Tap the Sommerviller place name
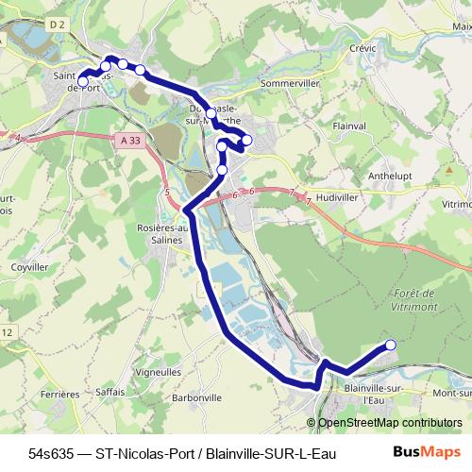pyautogui.click(x=292, y=83)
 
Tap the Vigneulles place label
pyautogui.click(x=159, y=373)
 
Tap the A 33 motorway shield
pyautogui.click(x=133, y=140)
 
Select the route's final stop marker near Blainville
pyautogui.click(x=391, y=345)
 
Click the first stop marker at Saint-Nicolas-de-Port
pyautogui.click(x=83, y=82)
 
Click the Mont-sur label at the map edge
pyautogui.click(x=450, y=393)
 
